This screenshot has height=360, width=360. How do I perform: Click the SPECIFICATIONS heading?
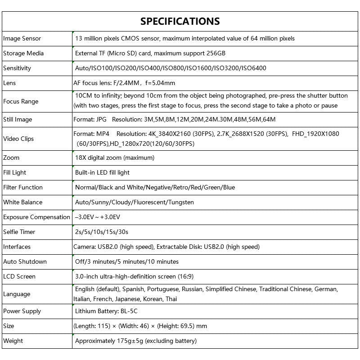point(180,21)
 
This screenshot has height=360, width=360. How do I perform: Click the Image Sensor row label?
point(22,39)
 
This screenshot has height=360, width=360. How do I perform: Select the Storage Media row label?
point(23,54)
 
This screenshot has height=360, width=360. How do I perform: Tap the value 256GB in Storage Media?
point(216,54)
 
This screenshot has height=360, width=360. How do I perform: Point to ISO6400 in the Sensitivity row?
point(253,68)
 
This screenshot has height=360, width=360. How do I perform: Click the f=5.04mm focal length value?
point(160,83)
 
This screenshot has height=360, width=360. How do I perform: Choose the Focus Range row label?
point(21,101)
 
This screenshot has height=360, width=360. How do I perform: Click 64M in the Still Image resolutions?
point(269,120)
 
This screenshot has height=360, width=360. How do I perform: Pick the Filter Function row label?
point(23,188)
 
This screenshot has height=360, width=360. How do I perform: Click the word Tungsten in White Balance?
point(181,202)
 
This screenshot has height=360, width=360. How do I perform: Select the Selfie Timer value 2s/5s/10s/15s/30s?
point(102,232)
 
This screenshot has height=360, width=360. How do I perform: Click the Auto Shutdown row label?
point(25,262)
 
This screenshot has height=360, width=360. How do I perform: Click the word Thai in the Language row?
point(171,299)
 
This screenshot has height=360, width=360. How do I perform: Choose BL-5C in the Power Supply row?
point(130,311)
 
